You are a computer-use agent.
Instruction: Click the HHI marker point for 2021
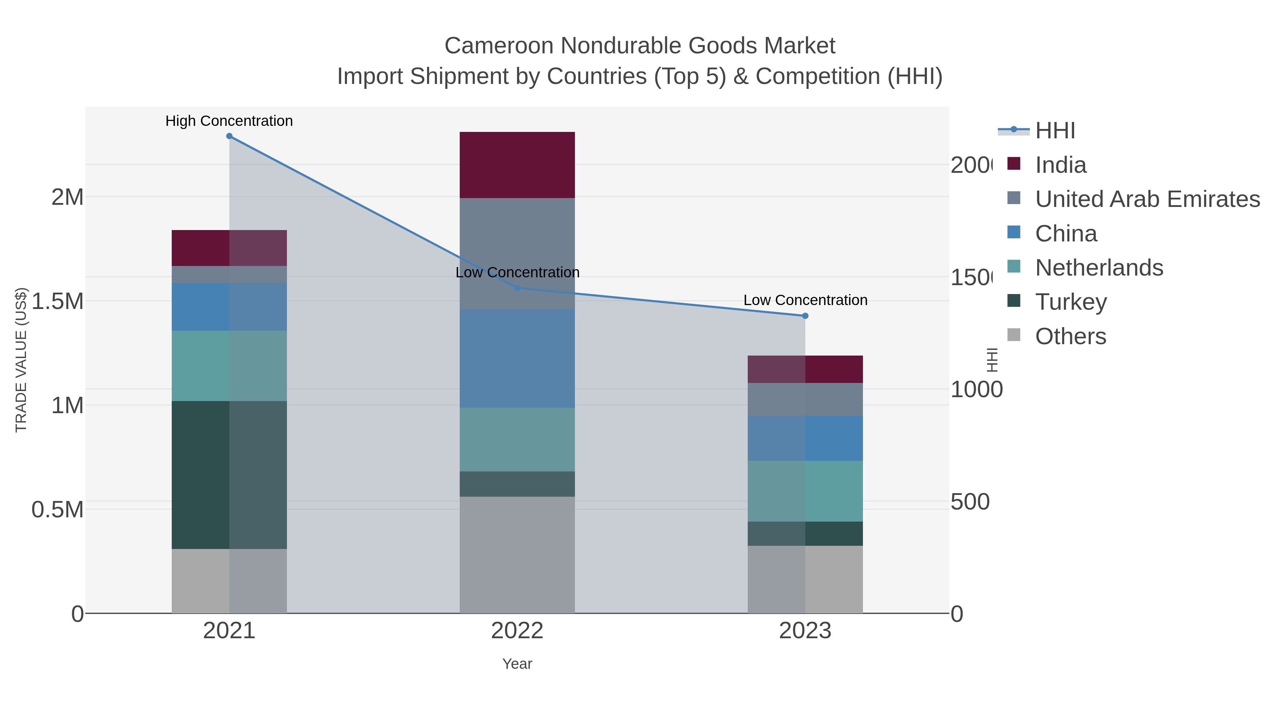(229, 136)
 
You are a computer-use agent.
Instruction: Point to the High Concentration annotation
(229, 121)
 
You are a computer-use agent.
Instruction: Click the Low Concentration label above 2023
(805, 300)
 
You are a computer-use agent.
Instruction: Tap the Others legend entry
(1070, 336)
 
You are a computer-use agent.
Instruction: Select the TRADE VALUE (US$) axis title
(21, 360)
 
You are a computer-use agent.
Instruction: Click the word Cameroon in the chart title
(498, 46)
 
